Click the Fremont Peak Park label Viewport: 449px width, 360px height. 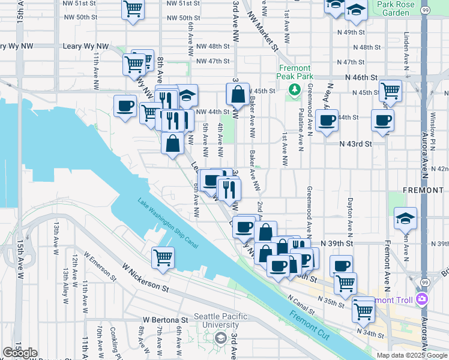coord(294,73)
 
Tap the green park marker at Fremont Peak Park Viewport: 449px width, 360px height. coord(294,89)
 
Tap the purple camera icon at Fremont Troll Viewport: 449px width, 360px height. coord(423,299)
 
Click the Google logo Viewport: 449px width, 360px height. coord(20,353)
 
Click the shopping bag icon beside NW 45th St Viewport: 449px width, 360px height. coord(238,94)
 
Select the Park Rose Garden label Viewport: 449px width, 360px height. coord(395,8)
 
